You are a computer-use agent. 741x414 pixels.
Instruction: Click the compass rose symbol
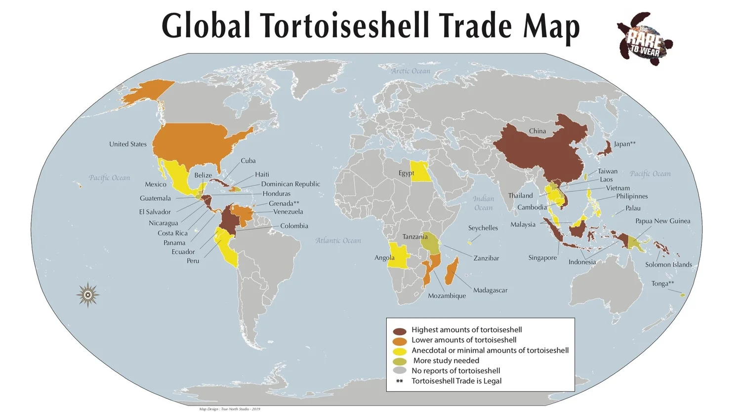(x=88, y=295)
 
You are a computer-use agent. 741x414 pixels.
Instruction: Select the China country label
(x=537, y=131)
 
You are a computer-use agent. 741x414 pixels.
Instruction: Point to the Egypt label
(x=406, y=173)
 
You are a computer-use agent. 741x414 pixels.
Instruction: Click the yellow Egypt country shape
(x=420, y=171)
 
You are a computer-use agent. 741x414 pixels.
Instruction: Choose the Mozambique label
(x=447, y=296)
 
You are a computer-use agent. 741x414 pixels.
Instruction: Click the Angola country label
(x=384, y=258)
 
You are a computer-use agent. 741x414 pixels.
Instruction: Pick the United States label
(x=128, y=144)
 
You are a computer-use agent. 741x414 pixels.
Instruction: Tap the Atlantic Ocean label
(x=338, y=241)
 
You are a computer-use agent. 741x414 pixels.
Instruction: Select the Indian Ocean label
(x=483, y=203)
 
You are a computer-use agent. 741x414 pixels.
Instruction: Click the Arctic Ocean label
(x=411, y=71)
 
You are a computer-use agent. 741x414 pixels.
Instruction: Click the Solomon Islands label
(x=668, y=265)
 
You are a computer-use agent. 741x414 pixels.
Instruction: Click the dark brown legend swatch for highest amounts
(x=400, y=330)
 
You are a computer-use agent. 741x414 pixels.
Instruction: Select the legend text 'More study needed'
(x=446, y=361)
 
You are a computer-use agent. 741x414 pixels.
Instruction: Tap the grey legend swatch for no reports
(x=400, y=371)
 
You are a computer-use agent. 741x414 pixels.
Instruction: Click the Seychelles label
(x=483, y=228)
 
